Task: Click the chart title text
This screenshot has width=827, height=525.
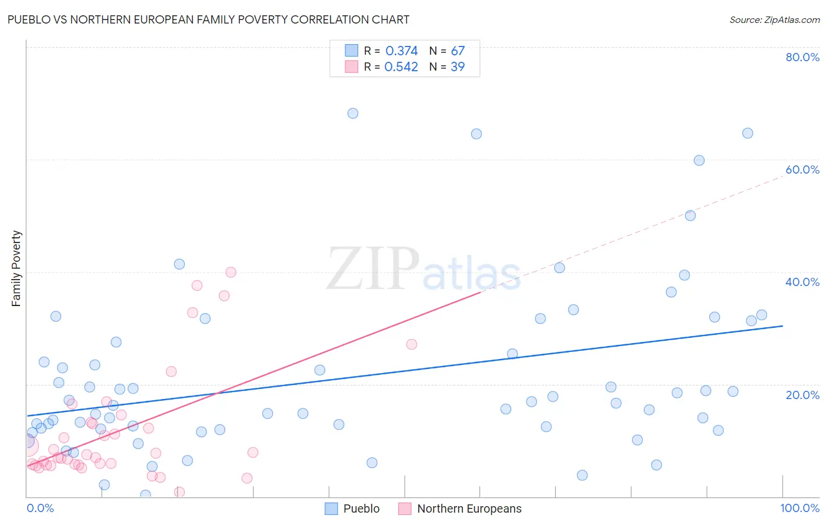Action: [x=208, y=19]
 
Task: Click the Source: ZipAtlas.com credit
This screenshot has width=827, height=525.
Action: [x=774, y=19]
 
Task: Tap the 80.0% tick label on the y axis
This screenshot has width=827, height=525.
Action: [x=802, y=57]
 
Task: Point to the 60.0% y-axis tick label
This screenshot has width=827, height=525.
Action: [x=802, y=170]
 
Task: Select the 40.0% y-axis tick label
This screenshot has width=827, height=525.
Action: [x=802, y=282]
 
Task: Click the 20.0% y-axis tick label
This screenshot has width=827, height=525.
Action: [x=802, y=395]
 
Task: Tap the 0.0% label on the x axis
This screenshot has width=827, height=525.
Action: [x=40, y=508]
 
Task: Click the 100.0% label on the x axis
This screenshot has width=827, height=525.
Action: [x=799, y=508]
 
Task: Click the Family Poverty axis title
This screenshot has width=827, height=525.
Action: [x=16, y=268]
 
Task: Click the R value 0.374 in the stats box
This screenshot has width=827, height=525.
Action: [x=401, y=51]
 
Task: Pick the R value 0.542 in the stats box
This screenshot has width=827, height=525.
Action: [x=401, y=67]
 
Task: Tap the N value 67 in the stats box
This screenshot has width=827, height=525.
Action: [x=458, y=51]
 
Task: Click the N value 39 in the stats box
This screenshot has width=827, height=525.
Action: [x=458, y=67]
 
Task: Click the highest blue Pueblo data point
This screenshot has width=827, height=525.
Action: [x=353, y=114]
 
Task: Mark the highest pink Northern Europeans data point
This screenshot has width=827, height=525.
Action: [x=231, y=272]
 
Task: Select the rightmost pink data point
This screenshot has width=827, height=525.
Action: [x=412, y=344]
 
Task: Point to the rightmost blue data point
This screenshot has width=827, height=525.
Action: [x=762, y=315]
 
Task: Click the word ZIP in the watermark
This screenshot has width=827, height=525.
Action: [x=372, y=269]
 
